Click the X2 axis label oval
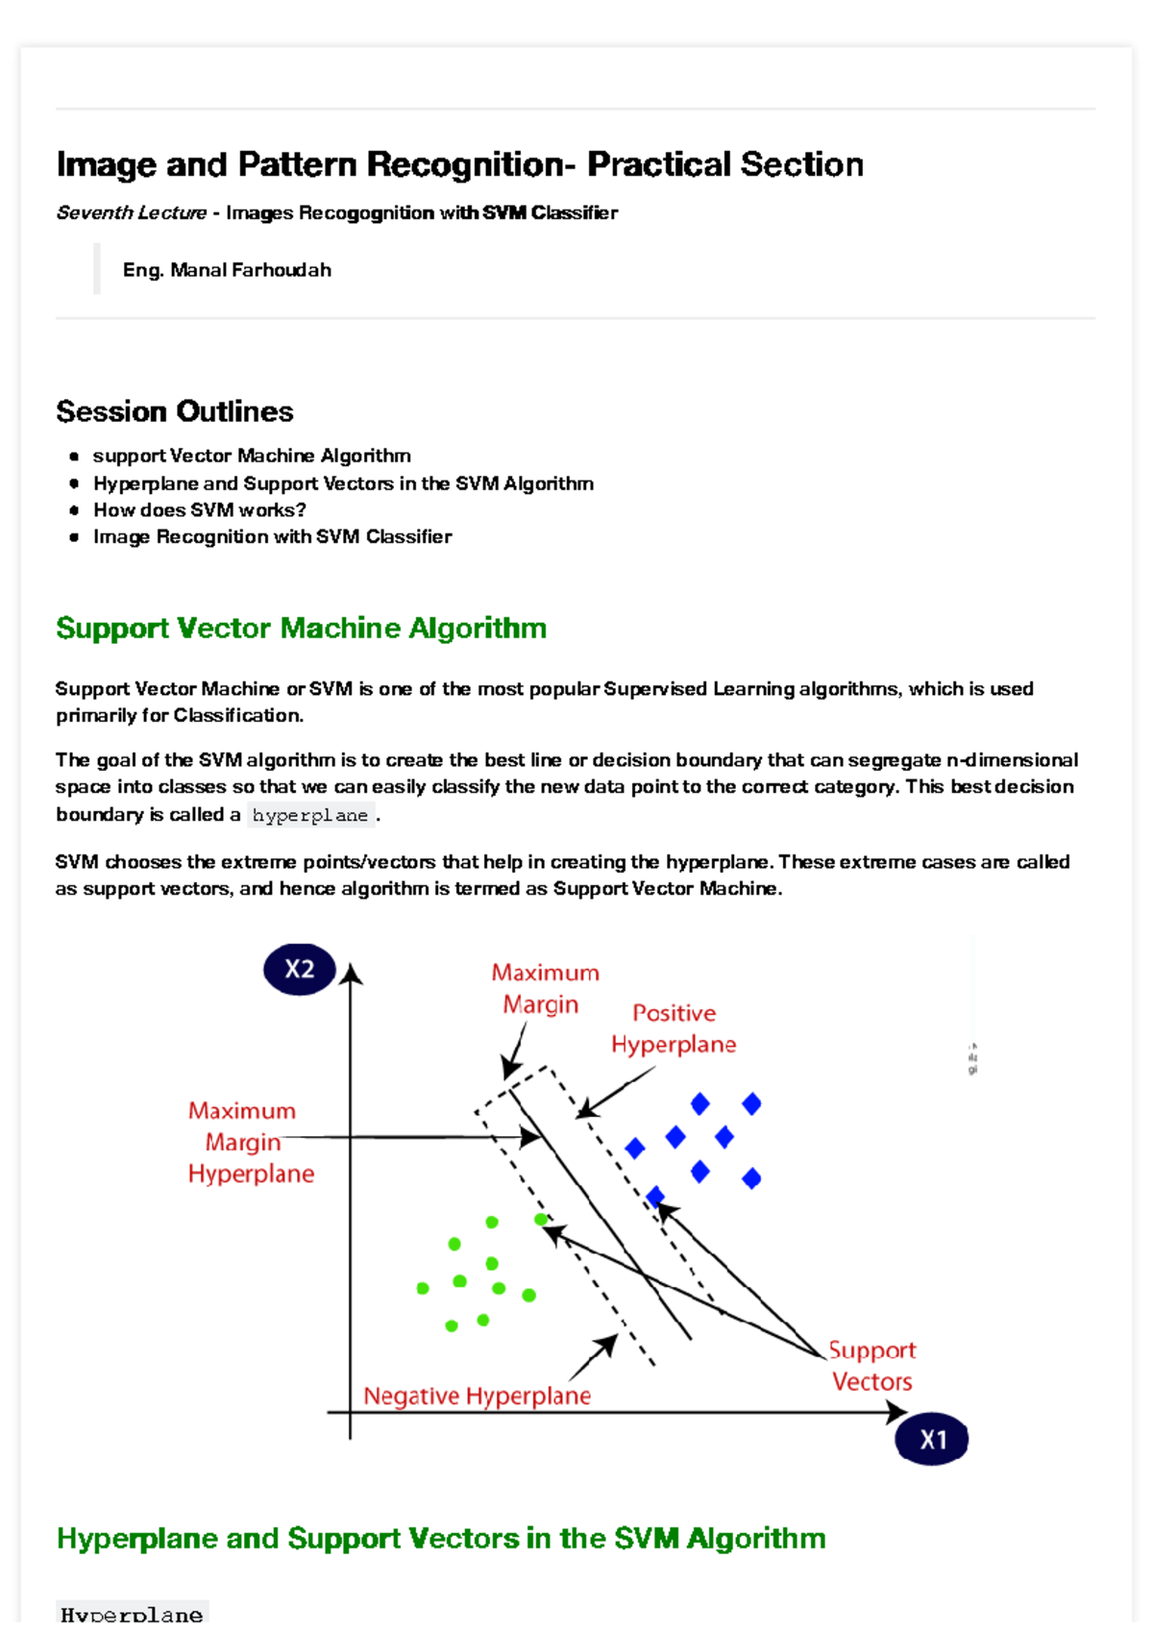coord(299,969)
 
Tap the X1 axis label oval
coord(931,1439)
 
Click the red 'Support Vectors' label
coord(871,1366)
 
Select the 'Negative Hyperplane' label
coord(477,1396)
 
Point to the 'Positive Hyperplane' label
coord(674,1028)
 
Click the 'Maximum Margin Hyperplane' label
coord(250,1142)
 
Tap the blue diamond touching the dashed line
coord(655,1197)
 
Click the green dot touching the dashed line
coord(541,1220)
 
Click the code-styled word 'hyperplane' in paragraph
coord(309,815)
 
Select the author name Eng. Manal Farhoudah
coord(227,270)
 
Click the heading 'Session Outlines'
coord(175,411)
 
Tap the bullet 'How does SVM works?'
coord(199,510)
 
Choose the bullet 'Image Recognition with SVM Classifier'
coord(272,537)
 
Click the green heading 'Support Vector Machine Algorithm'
coord(301,628)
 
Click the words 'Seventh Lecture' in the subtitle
coord(132,212)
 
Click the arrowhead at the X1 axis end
coord(896,1412)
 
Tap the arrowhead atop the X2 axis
coord(351,975)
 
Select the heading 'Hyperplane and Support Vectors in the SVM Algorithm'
coord(441,1538)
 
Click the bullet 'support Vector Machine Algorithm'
coord(252,456)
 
